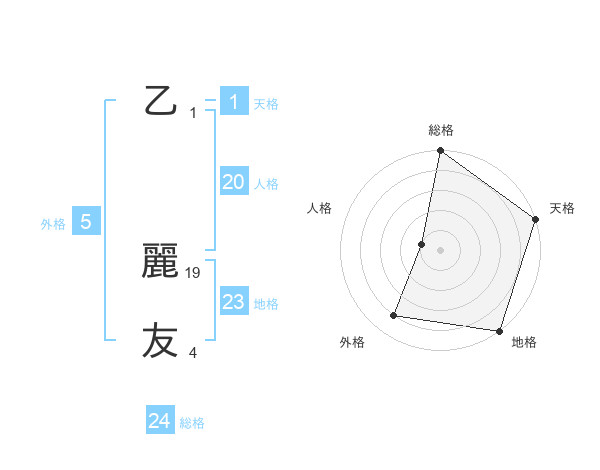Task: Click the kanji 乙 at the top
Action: tap(161, 102)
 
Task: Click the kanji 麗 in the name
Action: tap(161, 262)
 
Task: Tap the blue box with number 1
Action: tap(233, 101)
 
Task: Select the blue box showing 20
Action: tap(233, 182)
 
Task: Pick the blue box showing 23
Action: tap(233, 302)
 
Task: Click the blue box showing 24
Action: tap(159, 421)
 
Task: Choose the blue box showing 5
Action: tap(86, 222)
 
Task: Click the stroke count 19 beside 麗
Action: tap(194, 272)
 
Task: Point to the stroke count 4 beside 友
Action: tap(193, 352)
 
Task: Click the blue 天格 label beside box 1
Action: tap(266, 104)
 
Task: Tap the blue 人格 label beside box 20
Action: tap(266, 184)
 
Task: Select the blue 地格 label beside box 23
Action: tap(266, 304)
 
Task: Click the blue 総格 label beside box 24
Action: tap(192, 424)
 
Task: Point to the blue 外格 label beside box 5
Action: tap(53, 225)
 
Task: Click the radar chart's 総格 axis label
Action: tap(440, 130)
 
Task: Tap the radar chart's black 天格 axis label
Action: tap(562, 208)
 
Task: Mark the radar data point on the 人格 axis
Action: tap(422, 244)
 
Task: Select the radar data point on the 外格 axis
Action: tap(394, 316)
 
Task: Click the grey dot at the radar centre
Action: tap(440, 250)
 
